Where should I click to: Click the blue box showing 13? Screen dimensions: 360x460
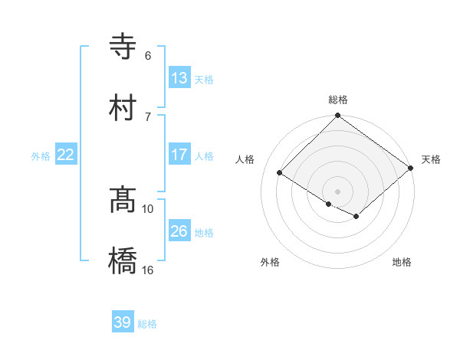(x=179, y=78)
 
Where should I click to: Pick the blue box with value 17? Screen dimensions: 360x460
(x=179, y=155)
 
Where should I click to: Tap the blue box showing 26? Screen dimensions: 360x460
(x=179, y=231)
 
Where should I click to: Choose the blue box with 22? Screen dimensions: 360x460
(x=66, y=155)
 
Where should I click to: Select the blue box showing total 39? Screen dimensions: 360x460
(x=123, y=322)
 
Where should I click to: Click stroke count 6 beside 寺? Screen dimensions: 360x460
(x=148, y=56)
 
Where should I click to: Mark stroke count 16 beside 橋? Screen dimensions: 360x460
(x=149, y=270)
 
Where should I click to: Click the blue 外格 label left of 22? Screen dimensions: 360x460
(x=41, y=156)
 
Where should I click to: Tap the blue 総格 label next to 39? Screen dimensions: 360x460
(x=147, y=324)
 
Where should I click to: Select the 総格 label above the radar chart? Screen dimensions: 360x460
(x=338, y=100)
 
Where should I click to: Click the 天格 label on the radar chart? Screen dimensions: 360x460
(x=431, y=159)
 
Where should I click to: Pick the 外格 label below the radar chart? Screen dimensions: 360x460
(x=270, y=262)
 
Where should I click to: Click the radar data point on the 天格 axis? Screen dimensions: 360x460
(x=411, y=169)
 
